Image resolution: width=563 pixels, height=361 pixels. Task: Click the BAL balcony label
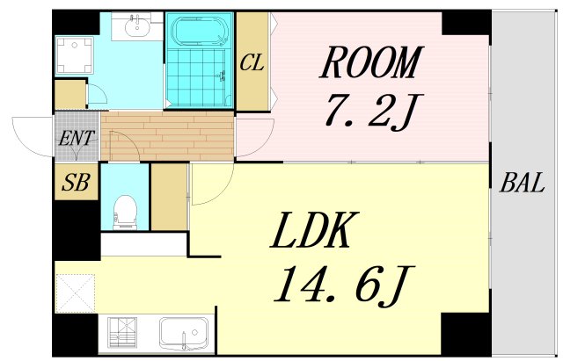click(523, 183)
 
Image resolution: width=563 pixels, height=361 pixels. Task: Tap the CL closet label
click(252, 62)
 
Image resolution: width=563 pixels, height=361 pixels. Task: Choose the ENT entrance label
click(77, 139)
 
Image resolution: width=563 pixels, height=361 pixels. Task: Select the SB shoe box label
click(76, 182)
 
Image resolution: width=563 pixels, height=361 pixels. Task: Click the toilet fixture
click(125, 212)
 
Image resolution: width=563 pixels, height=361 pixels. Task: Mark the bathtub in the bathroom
click(200, 31)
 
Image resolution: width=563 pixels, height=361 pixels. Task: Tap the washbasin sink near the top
click(137, 25)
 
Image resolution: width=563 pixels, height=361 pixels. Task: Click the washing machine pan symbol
click(74, 55)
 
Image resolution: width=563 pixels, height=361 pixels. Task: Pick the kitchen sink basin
click(184, 333)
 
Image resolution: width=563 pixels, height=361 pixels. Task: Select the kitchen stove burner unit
click(122, 333)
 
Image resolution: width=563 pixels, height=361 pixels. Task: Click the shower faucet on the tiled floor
click(223, 76)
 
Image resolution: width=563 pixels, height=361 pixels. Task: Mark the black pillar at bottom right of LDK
click(465, 333)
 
